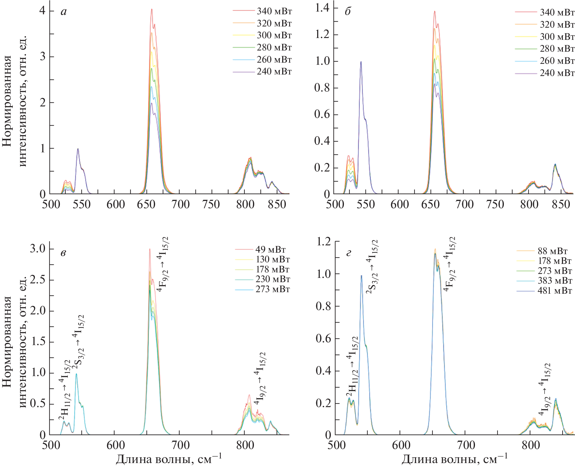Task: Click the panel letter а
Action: (x=64, y=12)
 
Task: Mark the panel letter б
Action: (x=348, y=12)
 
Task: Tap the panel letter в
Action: (x=63, y=253)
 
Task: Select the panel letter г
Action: (x=349, y=253)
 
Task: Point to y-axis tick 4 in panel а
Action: (x=43, y=11)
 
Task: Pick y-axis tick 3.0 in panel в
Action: (x=38, y=249)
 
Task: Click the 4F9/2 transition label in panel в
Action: (x=163, y=264)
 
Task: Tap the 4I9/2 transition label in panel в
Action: (x=260, y=379)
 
